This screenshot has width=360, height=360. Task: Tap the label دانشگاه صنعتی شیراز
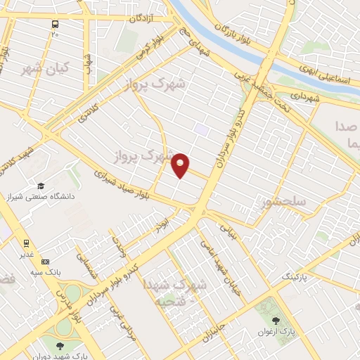tap(41, 196)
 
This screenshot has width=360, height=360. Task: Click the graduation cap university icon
tap(41, 186)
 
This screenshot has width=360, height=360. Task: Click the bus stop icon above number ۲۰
tap(55, 23)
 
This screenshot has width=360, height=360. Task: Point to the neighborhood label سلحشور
tap(283, 202)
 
